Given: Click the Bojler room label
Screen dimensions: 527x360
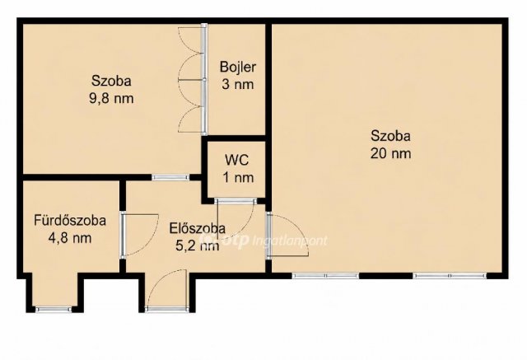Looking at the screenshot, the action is tap(238, 67).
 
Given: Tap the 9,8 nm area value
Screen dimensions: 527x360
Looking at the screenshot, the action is tap(111, 99).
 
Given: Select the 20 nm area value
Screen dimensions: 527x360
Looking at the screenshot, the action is tap(390, 153).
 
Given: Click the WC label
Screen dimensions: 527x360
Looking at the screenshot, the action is tap(237, 160).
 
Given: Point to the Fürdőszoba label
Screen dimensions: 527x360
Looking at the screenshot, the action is tap(70, 221).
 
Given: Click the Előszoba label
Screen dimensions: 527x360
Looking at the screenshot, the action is tap(198, 228).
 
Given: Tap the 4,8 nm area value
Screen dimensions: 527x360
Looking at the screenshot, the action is tap(70, 238).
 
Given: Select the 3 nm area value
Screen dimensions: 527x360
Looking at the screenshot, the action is tap(238, 84).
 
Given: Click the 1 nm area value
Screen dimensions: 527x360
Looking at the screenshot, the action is tap(238, 177).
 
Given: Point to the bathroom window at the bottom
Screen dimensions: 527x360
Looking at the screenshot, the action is tap(54, 309).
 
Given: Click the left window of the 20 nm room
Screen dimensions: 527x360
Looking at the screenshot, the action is tap(325, 276).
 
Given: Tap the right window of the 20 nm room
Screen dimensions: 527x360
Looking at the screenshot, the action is tap(450, 276).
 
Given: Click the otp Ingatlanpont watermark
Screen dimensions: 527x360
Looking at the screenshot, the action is tap(263, 241).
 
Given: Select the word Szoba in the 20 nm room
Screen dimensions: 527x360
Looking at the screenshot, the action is tap(390, 136).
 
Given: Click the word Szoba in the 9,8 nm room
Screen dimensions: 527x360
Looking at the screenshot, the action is tap(111, 81).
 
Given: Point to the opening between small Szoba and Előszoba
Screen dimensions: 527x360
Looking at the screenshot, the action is tap(170, 177).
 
